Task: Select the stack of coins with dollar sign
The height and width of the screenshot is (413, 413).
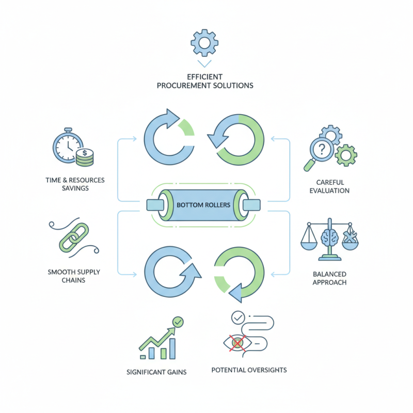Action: point(84,157)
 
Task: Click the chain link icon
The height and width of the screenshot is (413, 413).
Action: point(71,238)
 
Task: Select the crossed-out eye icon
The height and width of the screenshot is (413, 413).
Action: point(237,342)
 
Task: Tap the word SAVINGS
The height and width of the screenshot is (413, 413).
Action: point(74,188)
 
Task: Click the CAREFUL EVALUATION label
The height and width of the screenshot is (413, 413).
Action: point(329,186)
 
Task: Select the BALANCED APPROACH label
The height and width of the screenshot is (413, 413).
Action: point(329,278)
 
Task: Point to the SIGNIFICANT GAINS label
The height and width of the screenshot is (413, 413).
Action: point(157,372)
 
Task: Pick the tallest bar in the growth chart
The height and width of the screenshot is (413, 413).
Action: point(172,349)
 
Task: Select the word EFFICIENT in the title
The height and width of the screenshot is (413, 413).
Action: point(205,76)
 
